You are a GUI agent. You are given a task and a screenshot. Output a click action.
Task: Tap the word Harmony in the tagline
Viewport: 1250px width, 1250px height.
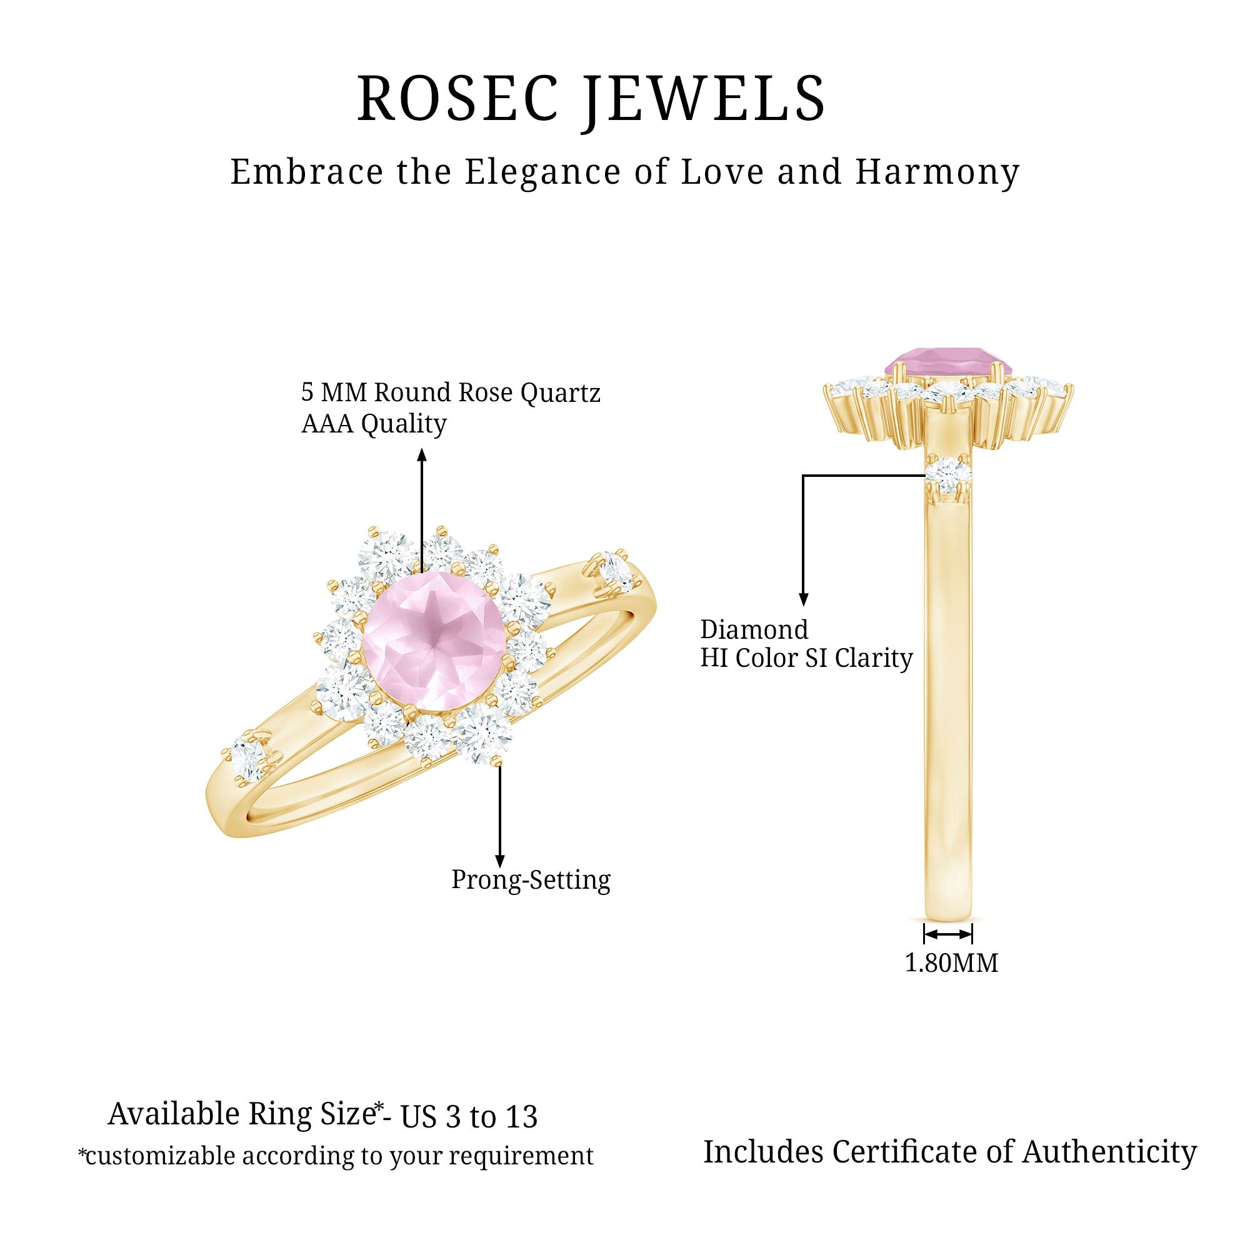[937, 172]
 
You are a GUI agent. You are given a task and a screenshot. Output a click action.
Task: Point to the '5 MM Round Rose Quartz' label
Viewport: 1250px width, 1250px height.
[451, 392]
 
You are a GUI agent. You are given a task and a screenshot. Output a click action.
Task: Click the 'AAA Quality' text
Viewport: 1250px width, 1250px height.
[374, 424]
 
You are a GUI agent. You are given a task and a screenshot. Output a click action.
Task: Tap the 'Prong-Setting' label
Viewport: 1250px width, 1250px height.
[531, 880]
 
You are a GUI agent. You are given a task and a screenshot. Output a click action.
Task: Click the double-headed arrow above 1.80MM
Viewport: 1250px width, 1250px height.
[948, 934]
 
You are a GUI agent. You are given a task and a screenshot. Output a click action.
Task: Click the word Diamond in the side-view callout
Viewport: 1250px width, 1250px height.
[754, 629]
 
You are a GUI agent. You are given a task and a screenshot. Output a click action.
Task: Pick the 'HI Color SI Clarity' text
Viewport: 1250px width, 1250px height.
[806, 659]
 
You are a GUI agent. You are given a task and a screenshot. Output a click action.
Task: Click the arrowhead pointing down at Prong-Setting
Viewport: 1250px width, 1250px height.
[499, 860]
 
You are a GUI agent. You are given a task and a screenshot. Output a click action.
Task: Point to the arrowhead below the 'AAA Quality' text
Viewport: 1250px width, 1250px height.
[422, 454]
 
